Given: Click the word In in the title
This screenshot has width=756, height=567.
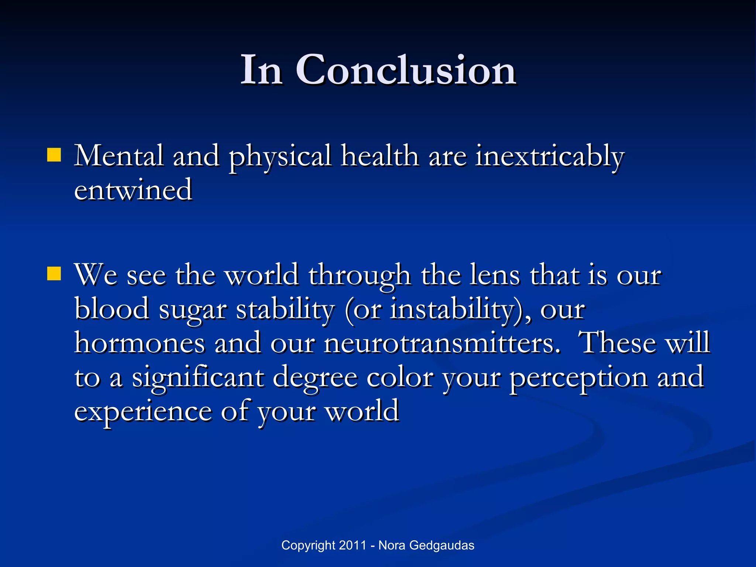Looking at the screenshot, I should [x=261, y=70].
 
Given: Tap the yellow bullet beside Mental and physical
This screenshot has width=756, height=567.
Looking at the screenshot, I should [x=54, y=155].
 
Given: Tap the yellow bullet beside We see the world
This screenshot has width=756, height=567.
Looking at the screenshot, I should [x=54, y=274].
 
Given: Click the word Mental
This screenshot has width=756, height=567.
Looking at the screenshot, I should [x=118, y=156].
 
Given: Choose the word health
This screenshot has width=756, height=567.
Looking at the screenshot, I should [x=380, y=156].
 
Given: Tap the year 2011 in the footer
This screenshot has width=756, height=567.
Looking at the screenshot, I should [x=353, y=545].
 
